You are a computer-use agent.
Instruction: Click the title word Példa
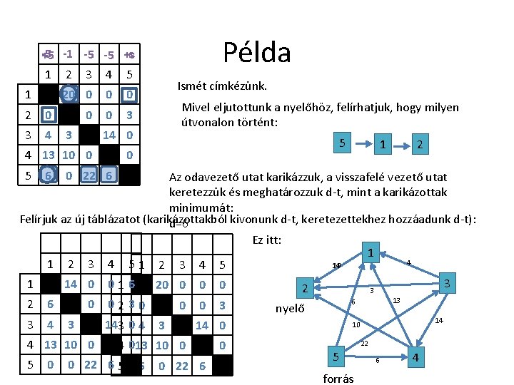click(257, 52)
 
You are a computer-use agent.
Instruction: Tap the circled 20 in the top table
click(69, 95)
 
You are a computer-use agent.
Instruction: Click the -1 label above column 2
click(69, 54)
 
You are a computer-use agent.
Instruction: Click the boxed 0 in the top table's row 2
click(48, 115)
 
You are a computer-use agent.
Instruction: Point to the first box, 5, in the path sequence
click(343, 143)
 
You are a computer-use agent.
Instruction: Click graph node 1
click(371, 253)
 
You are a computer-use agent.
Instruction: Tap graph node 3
click(448, 283)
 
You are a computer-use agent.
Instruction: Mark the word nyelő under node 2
click(291, 309)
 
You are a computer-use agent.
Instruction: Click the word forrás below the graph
click(338, 378)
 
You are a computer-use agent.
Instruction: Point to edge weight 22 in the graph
click(364, 344)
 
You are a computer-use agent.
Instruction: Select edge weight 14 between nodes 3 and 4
click(439, 321)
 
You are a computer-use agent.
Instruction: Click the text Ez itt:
click(267, 240)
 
